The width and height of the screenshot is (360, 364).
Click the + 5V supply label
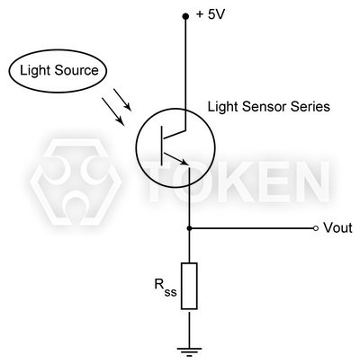tap(212, 14)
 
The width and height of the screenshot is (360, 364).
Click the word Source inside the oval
tap(76, 70)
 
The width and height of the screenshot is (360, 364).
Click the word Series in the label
tap(310, 107)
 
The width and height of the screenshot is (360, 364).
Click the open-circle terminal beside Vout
tap(315, 228)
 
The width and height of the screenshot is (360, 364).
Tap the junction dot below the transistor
tap(188, 228)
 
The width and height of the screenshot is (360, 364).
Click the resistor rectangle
tap(188, 286)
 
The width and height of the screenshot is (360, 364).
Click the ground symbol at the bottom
tap(188, 348)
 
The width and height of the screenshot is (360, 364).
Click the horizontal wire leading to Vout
tap(252, 228)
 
